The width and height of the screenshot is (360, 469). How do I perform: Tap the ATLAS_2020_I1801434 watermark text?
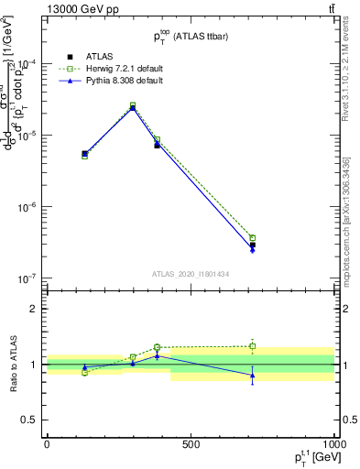coord(191,273)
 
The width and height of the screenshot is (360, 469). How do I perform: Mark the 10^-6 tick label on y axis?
coord(27,207)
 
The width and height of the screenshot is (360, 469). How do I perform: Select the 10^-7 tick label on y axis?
coord(27,278)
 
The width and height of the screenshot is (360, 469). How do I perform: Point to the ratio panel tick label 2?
coord(33,309)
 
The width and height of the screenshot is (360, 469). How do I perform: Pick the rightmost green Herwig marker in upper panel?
coord(252,238)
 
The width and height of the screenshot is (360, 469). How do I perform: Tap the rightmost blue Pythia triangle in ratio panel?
coord(252,376)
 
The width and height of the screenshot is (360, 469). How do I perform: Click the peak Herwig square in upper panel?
coord(133,105)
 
